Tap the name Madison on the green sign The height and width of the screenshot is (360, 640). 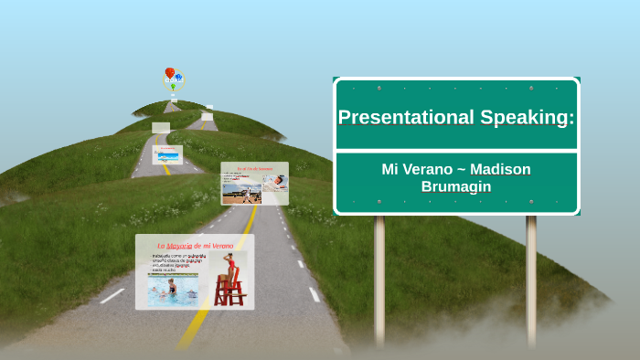[499, 170]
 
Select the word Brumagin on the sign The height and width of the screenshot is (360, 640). [455, 186]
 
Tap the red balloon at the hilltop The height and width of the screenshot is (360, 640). [170, 72]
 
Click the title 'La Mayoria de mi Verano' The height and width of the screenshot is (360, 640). [195, 245]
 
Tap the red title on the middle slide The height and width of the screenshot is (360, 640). [254, 169]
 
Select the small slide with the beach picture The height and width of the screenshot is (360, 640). [167, 154]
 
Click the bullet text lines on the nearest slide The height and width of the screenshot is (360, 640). [179, 262]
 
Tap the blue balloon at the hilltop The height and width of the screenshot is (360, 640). [178, 78]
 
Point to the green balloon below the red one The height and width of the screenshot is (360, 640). [173, 87]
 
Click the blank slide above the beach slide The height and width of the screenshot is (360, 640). [161, 128]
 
